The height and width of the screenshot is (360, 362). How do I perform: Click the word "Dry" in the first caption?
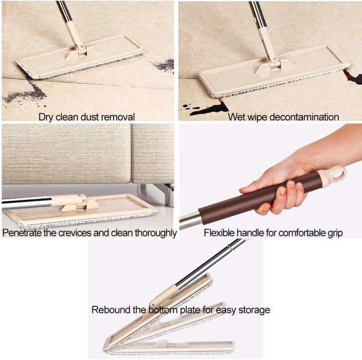pos(46,117)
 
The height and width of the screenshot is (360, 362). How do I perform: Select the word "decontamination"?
pos(304,117)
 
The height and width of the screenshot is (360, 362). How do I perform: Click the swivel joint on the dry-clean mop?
pos(81,48)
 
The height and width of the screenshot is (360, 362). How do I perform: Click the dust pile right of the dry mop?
pos(163,65)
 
